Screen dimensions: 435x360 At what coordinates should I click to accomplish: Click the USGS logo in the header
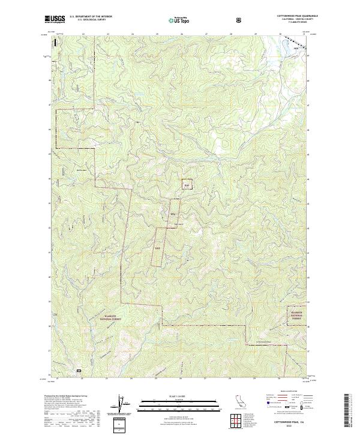pyautogui.click(x=55, y=20)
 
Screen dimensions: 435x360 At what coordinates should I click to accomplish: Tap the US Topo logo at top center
pyautogui.click(x=179, y=20)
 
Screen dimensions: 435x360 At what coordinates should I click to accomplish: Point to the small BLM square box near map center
pyautogui.click(x=187, y=185)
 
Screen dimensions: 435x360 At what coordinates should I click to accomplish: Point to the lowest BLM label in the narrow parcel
pyautogui.click(x=157, y=248)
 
